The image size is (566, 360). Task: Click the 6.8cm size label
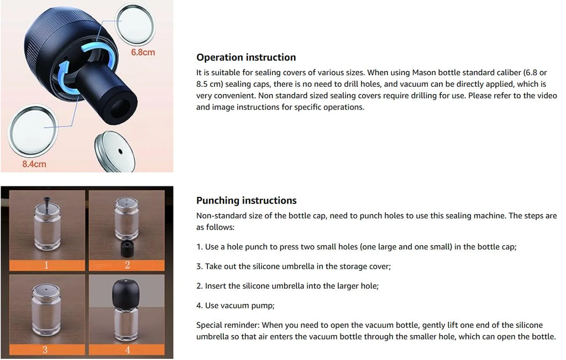(x=143, y=53)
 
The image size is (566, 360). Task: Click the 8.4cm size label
(x=34, y=164)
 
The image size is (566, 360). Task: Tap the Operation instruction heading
(x=246, y=58)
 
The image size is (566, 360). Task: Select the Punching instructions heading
(x=247, y=201)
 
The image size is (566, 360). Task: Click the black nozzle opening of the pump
(x=121, y=104)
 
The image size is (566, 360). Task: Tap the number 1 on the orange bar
(x=46, y=265)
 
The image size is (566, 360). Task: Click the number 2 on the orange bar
(x=127, y=265)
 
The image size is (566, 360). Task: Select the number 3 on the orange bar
(x=46, y=350)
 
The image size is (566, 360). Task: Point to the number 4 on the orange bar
(x=127, y=350)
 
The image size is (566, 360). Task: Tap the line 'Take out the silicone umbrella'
(x=294, y=267)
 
